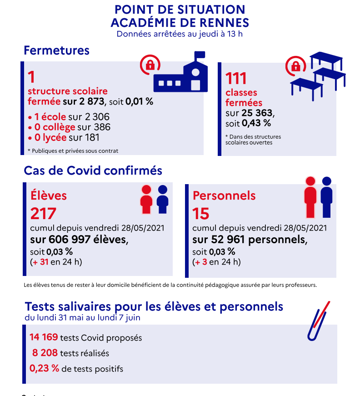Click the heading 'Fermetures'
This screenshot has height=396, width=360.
click(x=56, y=50)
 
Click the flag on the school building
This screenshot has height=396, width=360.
click(x=200, y=55)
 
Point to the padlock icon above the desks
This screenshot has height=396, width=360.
click(x=296, y=66)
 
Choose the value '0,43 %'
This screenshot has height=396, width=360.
click(x=256, y=123)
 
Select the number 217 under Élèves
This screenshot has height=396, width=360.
click(x=43, y=213)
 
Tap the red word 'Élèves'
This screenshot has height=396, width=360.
click(x=49, y=195)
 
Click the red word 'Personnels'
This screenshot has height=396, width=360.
click(x=224, y=195)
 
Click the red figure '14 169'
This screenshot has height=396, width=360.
click(x=44, y=337)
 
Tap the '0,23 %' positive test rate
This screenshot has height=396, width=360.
click(x=45, y=368)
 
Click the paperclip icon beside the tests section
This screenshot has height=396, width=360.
click(x=318, y=320)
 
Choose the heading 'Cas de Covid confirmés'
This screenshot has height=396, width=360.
click(x=93, y=170)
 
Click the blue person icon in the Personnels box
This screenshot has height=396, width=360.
click(x=326, y=196)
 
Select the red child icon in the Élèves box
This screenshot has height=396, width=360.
click(x=146, y=199)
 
